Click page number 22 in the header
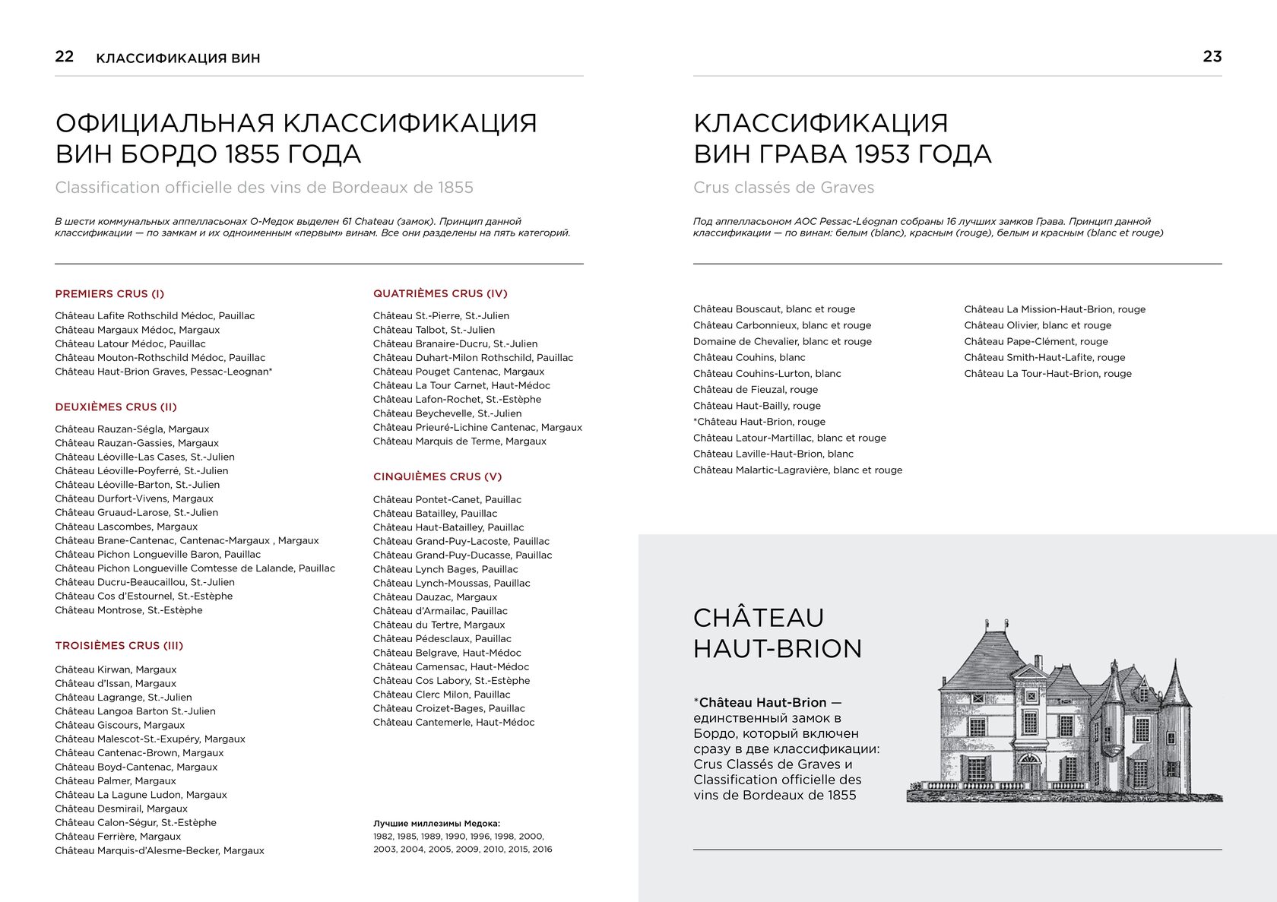coord(65,56)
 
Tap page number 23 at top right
coord(1212,56)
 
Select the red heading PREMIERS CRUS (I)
coord(109,294)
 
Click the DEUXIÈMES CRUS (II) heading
coord(116,407)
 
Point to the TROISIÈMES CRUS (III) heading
coord(119,646)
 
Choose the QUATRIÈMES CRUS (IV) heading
coord(440,294)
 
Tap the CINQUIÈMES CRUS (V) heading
coord(437,477)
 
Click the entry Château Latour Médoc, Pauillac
coord(130,343)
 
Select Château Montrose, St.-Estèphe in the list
coord(128,610)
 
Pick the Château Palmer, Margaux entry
coord(116,781)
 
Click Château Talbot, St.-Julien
coord(433,330)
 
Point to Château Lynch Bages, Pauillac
coord(445,569)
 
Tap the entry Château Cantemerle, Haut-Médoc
coord(454,723)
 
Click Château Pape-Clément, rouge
coord(1036,342)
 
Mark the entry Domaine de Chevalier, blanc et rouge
coord(782,342)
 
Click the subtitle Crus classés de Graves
coord(784,188)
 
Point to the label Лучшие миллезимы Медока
coord(436,824)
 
